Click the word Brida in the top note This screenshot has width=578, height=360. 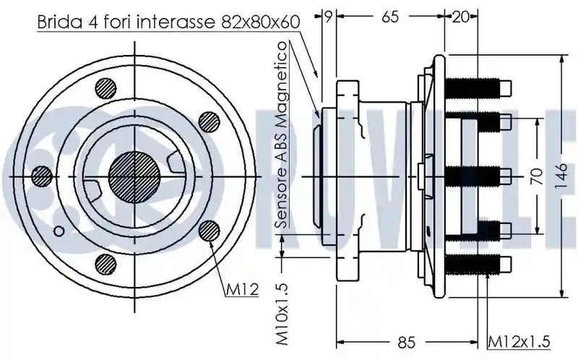pos(60,22)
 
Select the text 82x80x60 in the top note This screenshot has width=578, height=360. pos(261,22)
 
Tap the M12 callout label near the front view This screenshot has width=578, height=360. pos(242,290)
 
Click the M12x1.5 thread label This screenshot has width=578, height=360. pos(519,341)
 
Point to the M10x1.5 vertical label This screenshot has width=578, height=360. pos(282,314)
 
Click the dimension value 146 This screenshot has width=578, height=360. pos(562,176)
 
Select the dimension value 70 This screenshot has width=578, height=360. pos(537,176)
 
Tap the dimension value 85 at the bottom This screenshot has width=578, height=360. pos(407,343)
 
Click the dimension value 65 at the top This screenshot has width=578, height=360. pos(389,17)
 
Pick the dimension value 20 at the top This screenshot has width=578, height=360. pos(460,17)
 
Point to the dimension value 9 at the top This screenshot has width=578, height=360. pos(328,16)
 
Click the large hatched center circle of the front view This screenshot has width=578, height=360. pos(135,177)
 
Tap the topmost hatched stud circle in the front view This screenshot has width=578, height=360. pos(105,89)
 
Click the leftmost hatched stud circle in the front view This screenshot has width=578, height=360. pos(42,176)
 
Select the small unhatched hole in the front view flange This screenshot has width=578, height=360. pos(59,231)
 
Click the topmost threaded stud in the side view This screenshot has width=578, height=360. pos(478,87)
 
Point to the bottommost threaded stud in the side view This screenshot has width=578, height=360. pos(478,265)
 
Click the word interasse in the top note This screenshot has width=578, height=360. pos(176,22)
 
